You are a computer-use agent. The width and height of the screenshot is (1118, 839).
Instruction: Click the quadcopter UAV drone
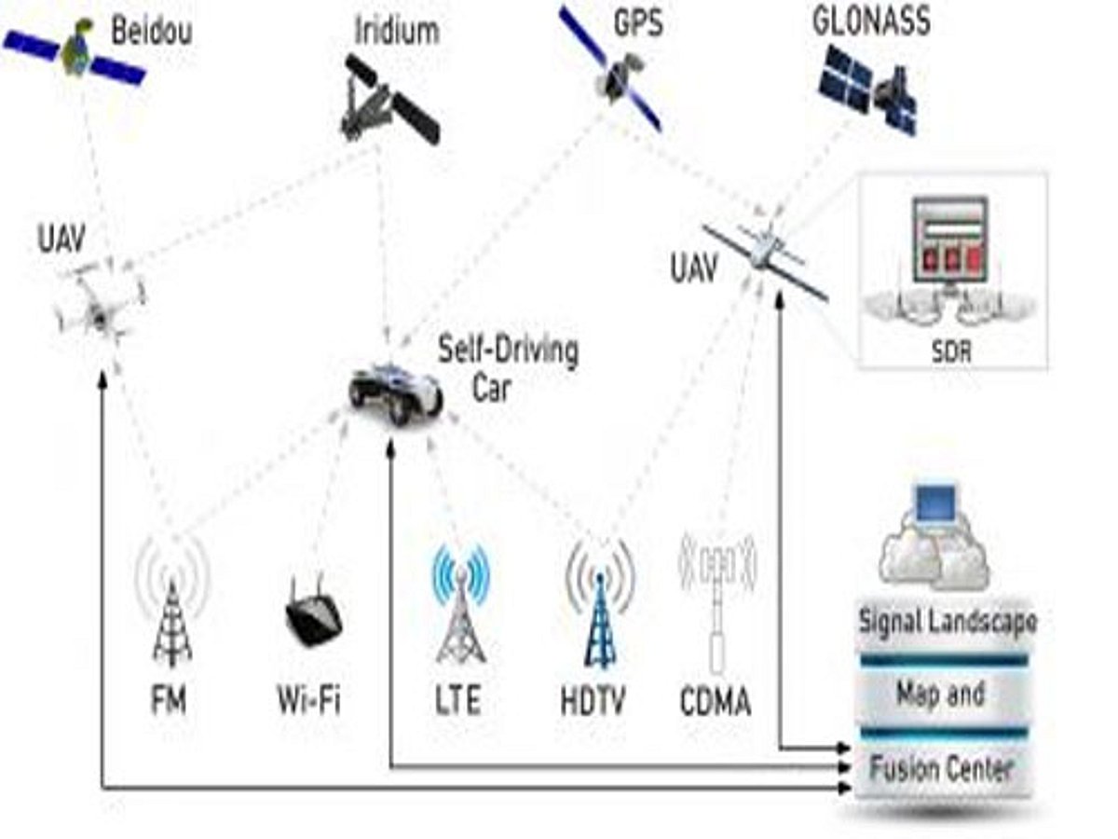pyautogui.click(x=98, y=303)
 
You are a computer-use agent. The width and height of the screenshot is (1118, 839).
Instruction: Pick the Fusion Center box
pyautogui.click(x=941, y=770)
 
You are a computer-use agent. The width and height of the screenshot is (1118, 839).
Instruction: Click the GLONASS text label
pyautogui.click(x=870, y=21)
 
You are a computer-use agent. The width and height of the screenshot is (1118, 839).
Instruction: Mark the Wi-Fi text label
pyautogui.click(x=308, y=699)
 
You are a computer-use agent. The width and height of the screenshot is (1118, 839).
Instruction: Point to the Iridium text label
pyautogui.click(x=396, y=30)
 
